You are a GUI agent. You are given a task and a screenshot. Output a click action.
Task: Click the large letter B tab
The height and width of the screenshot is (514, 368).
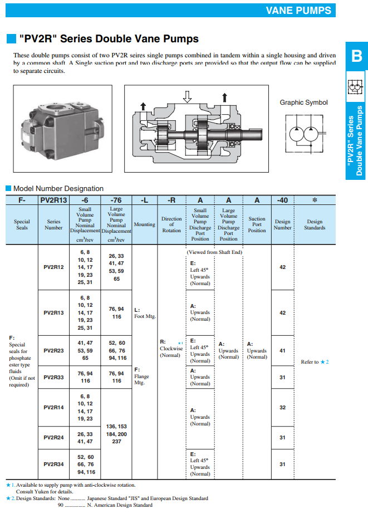(356, 56)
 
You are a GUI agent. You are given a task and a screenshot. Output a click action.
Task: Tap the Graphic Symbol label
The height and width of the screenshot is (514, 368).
(303, 102)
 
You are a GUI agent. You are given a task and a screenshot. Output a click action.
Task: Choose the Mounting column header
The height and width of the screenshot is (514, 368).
(144, 224)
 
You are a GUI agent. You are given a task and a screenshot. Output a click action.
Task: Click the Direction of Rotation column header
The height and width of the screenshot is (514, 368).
(171, 224)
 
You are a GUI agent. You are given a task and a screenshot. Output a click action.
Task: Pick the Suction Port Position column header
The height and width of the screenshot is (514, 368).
(257, 224)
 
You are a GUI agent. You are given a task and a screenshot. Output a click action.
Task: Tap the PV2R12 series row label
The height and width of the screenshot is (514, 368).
(54, 267)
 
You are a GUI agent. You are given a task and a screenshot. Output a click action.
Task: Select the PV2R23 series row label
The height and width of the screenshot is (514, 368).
(54, 351)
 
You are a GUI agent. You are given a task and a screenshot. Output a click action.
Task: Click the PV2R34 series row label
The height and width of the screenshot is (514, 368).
(54, 464)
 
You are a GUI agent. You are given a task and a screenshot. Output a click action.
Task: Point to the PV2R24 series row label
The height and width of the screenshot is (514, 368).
(54, 437)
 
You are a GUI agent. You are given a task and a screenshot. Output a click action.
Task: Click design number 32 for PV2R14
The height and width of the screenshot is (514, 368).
(282, 408)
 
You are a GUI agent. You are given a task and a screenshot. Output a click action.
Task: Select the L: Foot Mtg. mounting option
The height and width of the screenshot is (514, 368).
(145, 313)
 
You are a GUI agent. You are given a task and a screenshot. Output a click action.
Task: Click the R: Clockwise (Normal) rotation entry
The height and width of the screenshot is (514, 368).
(170, 349)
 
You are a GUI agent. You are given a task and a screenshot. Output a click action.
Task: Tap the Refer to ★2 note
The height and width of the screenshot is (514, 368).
(315, 362)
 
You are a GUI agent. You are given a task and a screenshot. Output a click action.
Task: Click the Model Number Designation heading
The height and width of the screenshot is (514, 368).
(58, 189)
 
